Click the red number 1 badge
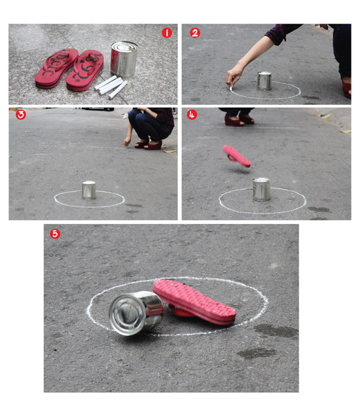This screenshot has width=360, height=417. point(167,33)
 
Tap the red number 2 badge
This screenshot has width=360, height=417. point(195,33)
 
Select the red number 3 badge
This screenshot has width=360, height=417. point(21,115)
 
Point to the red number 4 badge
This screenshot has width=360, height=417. point(192,115)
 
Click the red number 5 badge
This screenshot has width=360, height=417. point(55,234)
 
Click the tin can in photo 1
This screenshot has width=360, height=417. point(124,59)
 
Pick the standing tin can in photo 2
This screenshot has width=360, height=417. point(264,81)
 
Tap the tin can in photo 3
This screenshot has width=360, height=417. point(88,190)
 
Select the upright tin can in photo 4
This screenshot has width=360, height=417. point(261,189)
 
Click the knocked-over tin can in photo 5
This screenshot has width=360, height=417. point(136,313)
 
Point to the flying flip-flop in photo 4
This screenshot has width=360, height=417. point(236,156)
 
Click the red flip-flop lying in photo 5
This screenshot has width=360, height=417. point(194,302)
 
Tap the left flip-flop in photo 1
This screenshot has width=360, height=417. point(57,68)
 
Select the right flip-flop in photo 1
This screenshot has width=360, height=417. point(85,70)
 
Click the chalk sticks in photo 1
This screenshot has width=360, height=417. point(111,86)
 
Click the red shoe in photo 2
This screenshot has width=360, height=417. point(346,88)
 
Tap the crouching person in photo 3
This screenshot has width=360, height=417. point(150,128)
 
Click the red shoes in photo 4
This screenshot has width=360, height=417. point(239,120)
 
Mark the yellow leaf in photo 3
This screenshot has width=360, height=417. point(170,151)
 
